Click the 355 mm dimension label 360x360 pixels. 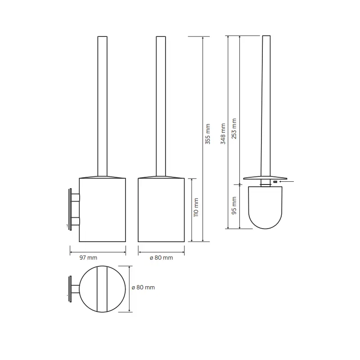coord(208,134)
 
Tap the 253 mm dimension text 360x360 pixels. coord(234,128)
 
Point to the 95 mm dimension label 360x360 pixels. coord(234,206)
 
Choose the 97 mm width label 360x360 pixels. coord(88,258)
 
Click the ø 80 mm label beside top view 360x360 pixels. coord(143,288)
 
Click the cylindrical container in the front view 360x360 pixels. coord(161,210)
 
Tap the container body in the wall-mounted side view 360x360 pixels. coord(103,210)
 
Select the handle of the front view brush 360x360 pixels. coord(161,106)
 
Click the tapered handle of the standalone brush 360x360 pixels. coord(265,106)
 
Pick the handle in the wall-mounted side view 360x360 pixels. coord(103,106)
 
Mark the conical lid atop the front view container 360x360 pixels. coord(161,176)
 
